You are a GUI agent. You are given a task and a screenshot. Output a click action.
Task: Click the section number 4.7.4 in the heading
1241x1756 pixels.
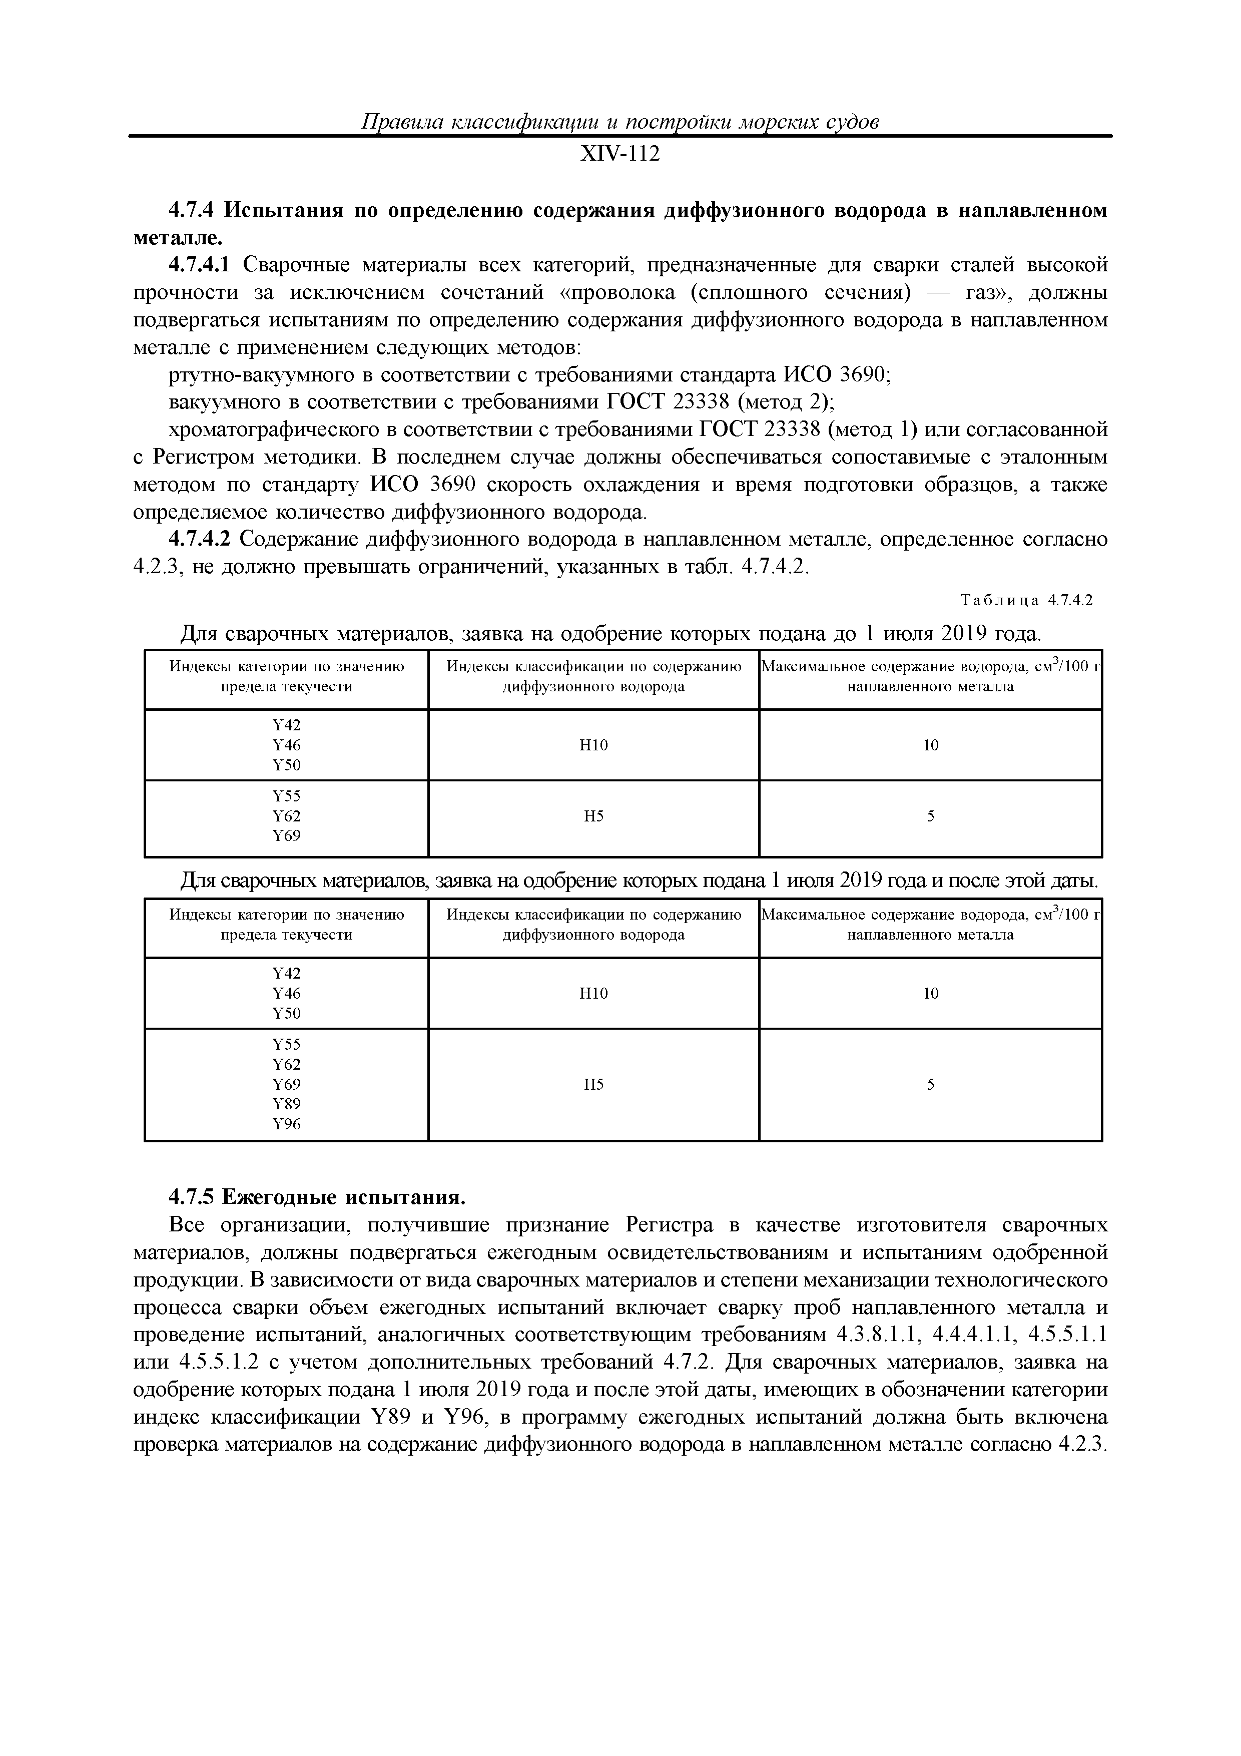pyautogui.click(x=194, y=210)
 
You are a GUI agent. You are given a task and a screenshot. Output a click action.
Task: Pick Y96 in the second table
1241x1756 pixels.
pyautogui.click(x=287, y=1123)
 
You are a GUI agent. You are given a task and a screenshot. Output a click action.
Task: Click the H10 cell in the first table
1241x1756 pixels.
pyautogui.click(x=593, y=745)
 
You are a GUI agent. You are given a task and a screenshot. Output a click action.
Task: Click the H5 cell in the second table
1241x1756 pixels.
pyautogui.click(x=593, y=1084)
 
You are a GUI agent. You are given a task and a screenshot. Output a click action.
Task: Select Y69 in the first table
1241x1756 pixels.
pyautogui.click(x=287, y=836)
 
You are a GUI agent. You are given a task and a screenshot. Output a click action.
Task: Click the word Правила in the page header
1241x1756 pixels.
pyautogui.click(x=398, y=122)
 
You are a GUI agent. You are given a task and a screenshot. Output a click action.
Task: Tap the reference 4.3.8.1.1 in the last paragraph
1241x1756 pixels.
pyautogui.click(x=874, y=1335)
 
